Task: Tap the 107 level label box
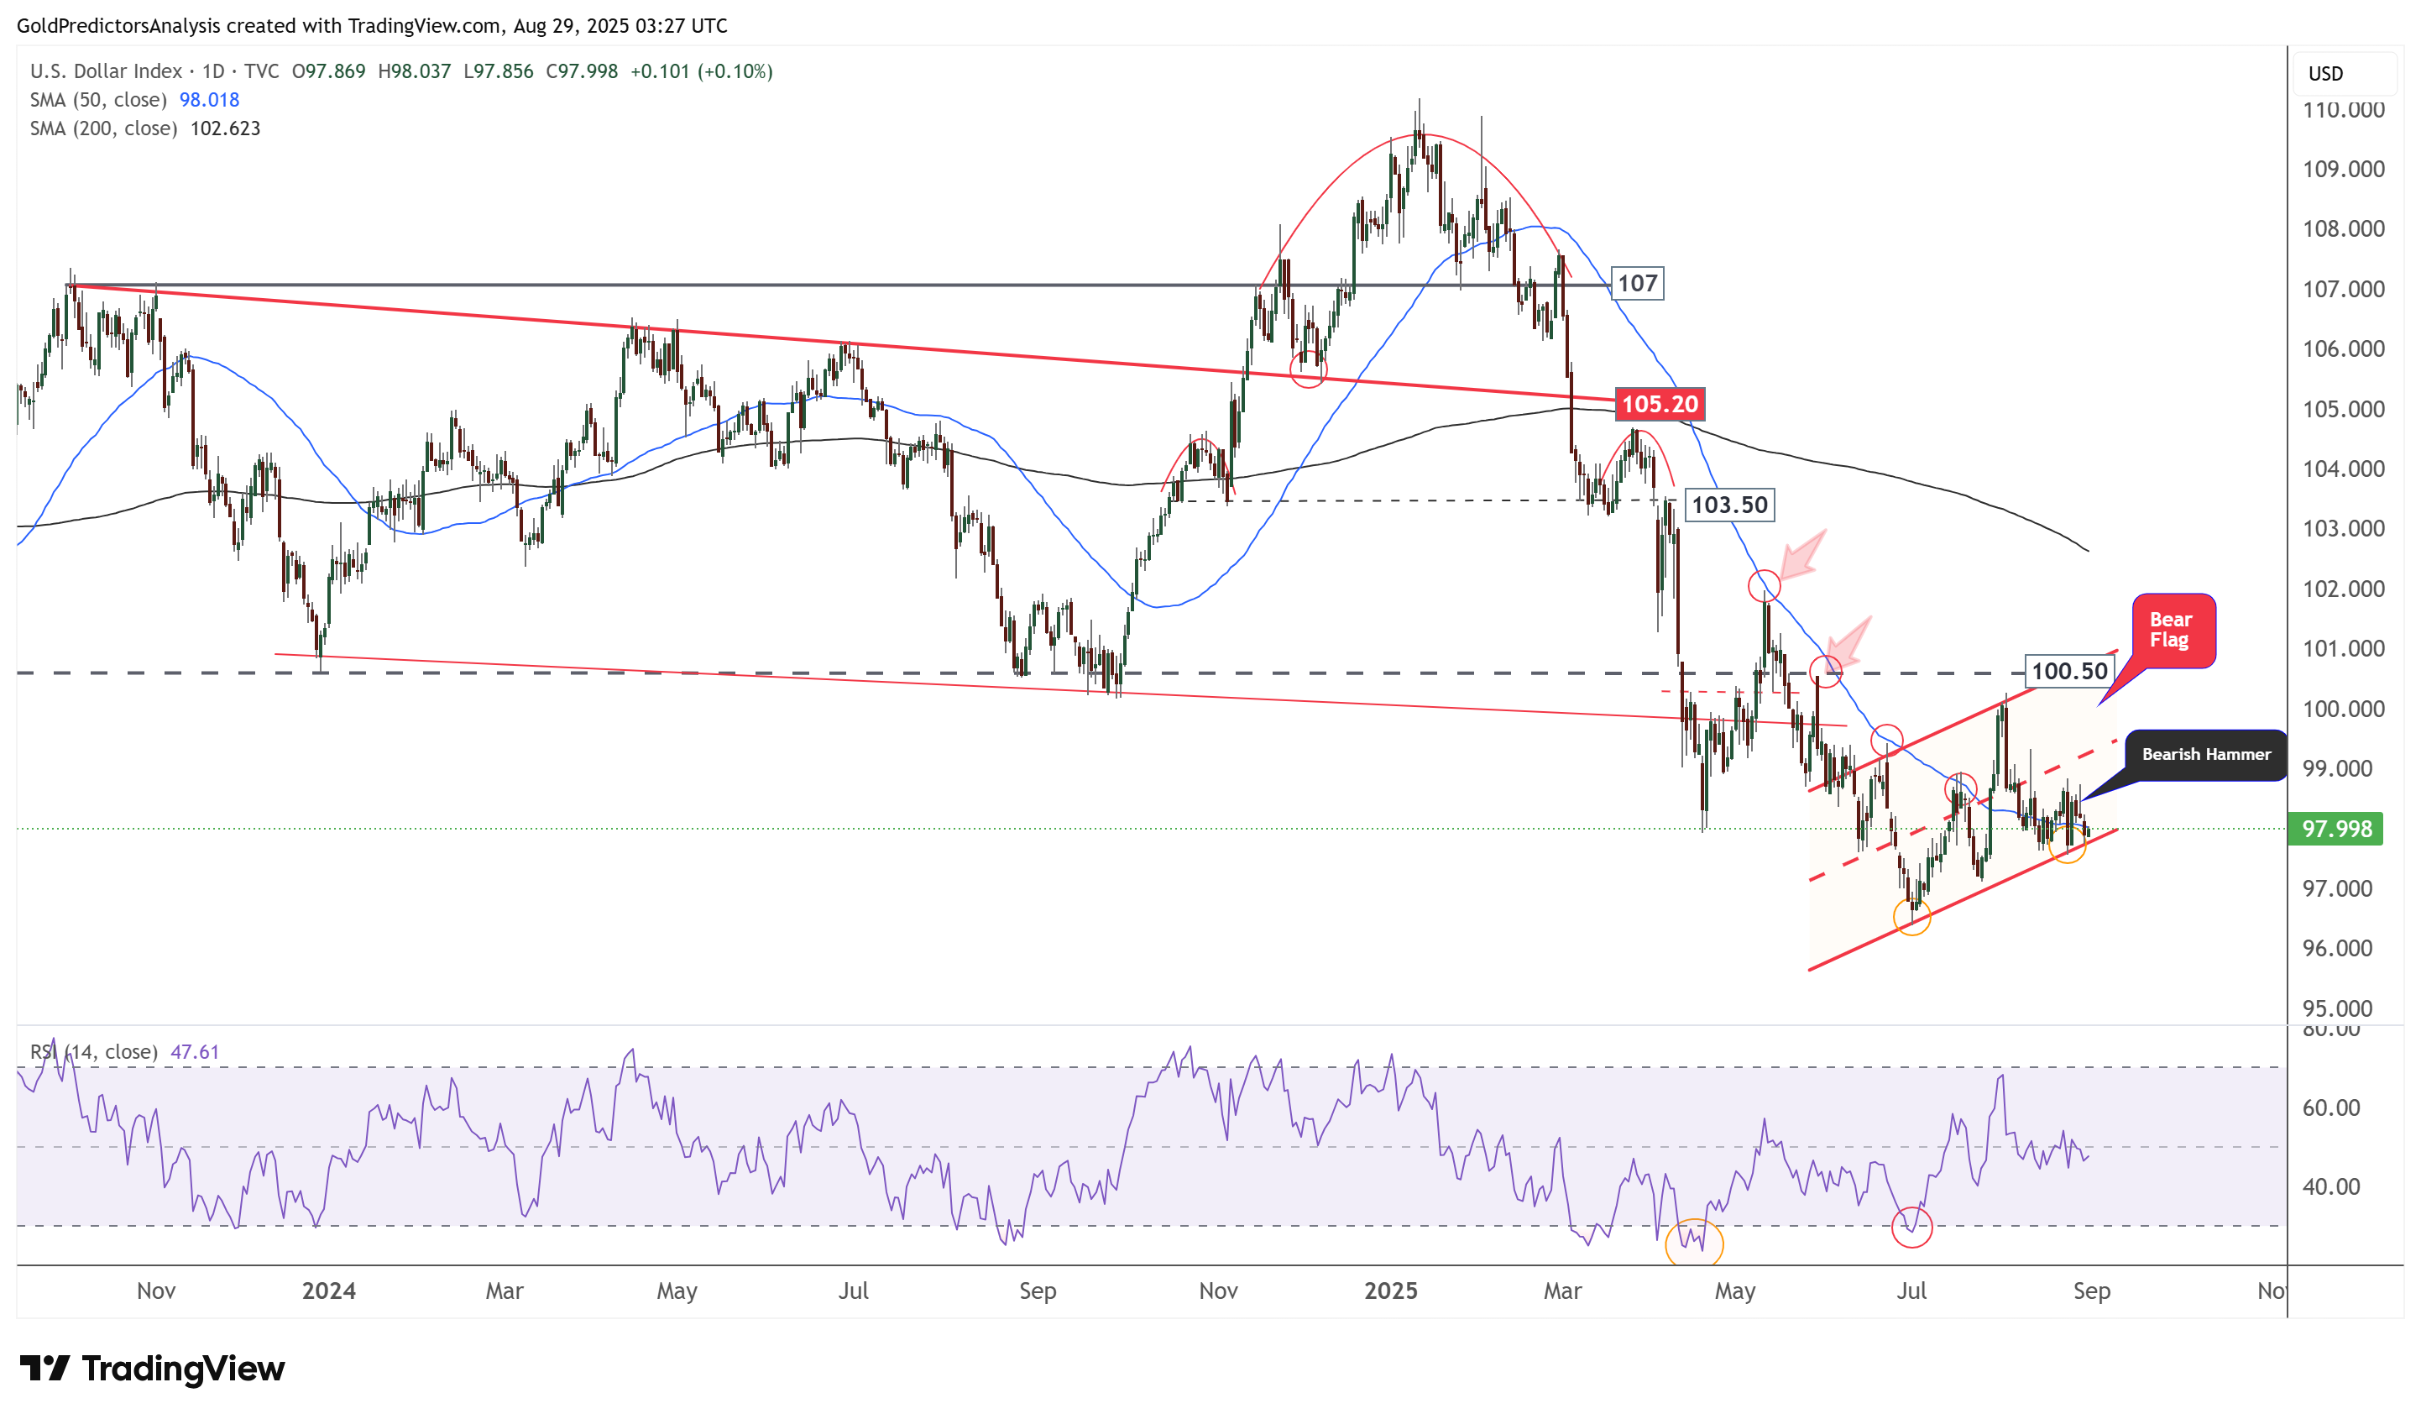(1637, 284)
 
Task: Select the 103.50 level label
(1728, 505)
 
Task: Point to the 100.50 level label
(2068, 671)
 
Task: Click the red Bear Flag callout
(2173, 631)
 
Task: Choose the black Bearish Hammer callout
(2206, 755)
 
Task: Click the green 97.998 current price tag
(2335, 829)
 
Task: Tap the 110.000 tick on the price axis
(2342, 111)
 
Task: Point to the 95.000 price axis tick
(2342, 1008)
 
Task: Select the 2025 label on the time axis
(1390, 1291)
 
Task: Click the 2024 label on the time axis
(328, 1291)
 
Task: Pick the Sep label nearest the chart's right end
(2091, 1291)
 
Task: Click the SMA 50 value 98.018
(209, 100)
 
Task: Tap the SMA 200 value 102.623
(225, 128)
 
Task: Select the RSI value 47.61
(194, 1052)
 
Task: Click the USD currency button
(2326, 74)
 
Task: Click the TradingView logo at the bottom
(153, 1369)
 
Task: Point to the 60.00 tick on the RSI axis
(2330, 1108)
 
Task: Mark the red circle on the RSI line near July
(1911, 1228)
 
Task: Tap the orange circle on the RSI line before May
(1694, 1244)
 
